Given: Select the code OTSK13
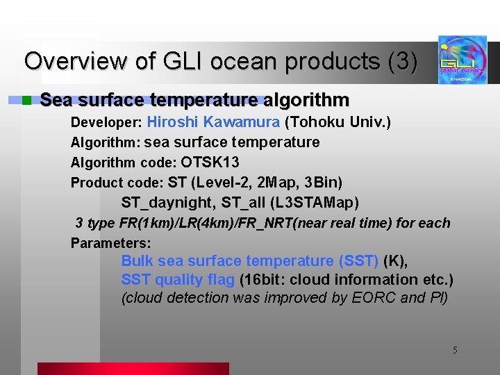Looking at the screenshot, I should coord(210,162).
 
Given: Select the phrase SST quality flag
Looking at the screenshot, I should coord(178,280).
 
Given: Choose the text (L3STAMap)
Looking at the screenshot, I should coord(315,203).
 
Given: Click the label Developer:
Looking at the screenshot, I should coord(106,124).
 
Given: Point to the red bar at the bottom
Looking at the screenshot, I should coord(133,369).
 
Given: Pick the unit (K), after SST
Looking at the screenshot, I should coord(395,261).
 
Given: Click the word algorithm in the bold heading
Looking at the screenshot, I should coord(307,101).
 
